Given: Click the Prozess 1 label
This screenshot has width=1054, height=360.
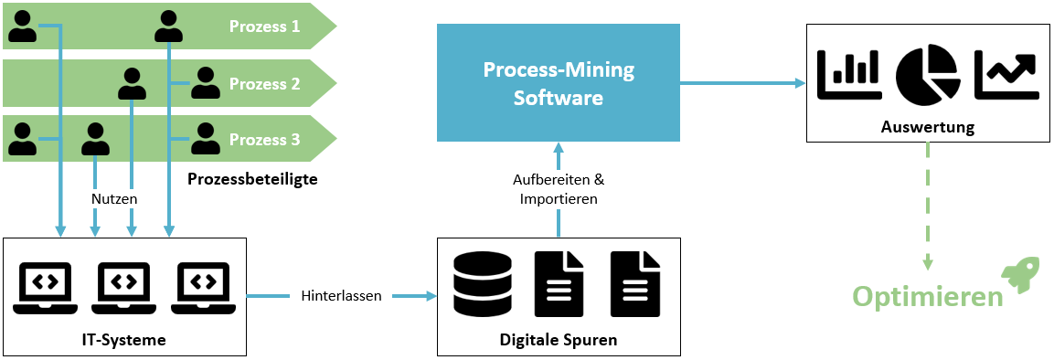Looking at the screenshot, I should click(264, 26).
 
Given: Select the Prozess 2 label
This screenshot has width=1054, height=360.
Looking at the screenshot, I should click(264, 84).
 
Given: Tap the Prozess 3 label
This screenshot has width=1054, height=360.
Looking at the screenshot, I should click(264, 140).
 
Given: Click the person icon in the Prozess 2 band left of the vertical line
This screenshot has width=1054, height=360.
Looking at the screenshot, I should click(133, 84).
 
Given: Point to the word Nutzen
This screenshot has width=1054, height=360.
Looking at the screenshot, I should click(114, 197).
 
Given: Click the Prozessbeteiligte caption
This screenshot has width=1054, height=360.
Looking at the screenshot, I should click(252, 179).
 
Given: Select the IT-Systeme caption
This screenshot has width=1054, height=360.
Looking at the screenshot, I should click(123, 340).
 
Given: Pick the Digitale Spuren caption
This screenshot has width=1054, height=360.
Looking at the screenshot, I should click(559, 340).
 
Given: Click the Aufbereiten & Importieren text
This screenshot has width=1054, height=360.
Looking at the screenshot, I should click(559, 189).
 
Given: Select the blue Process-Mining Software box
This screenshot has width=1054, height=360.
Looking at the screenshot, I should click(559, 83).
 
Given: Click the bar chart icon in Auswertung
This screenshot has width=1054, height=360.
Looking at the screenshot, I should click(850, 74).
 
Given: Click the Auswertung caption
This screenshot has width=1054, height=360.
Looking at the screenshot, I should click(927, 127).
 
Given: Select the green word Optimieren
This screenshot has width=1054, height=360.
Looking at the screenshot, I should click(927, 297).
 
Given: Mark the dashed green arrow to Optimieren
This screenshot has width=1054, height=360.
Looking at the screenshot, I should click(927, 206).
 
